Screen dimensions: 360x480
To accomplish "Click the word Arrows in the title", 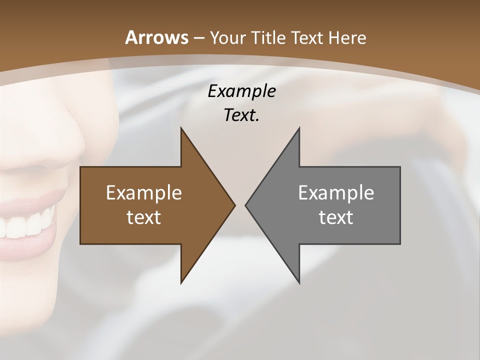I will tap(156, 37).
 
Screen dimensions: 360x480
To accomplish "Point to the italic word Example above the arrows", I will tap(241, 91).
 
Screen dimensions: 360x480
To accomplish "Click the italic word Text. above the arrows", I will tap(241, 115).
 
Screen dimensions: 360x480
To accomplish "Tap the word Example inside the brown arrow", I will tap(144, 192).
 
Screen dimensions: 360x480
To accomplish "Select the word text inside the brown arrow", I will tap(144, 217).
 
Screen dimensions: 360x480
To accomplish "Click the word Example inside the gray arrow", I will tap(336, 192).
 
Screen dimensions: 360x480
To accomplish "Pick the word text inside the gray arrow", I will tap(336, 217).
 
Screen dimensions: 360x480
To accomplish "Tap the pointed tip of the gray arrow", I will tap(246, 205).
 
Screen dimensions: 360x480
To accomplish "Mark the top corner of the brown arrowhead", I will tap(181, 128).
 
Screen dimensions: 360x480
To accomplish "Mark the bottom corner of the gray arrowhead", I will tap(299, 282).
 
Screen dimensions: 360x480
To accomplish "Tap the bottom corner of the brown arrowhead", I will tap(181, 282).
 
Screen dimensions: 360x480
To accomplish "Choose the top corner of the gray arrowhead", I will tap(299, 128).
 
